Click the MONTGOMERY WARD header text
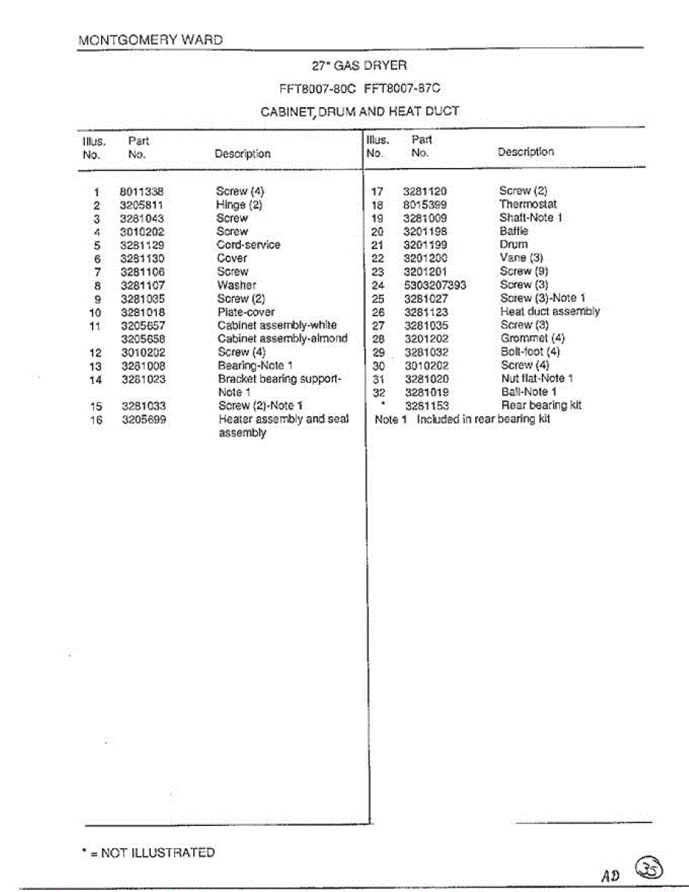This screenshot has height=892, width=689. [150, 40]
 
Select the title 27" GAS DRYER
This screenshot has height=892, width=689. [359, 65]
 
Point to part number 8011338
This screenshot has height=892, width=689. [141, 191]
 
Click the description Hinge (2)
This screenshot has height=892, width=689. [239, 204]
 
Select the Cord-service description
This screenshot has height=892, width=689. [248, 245]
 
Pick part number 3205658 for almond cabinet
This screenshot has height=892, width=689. [143, 338]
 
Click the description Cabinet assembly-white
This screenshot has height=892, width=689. [276, 325]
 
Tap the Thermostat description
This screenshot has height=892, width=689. [528, 204]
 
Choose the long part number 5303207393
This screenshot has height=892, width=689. [435, 285]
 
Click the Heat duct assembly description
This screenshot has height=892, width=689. [549, 311]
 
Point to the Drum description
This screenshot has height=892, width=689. [514, 244]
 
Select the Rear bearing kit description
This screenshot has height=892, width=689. [541, 405]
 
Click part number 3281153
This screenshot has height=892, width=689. [427, 406]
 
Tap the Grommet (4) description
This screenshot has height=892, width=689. [532, 338]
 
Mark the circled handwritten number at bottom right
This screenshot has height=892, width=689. [650, 866]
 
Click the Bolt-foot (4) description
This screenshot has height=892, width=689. [530, 352]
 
